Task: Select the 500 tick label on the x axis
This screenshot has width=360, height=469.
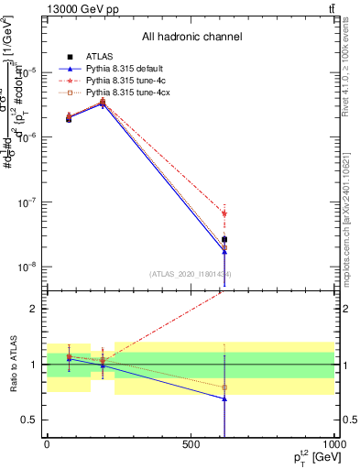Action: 190,443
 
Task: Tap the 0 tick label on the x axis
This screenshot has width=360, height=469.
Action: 47,443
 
